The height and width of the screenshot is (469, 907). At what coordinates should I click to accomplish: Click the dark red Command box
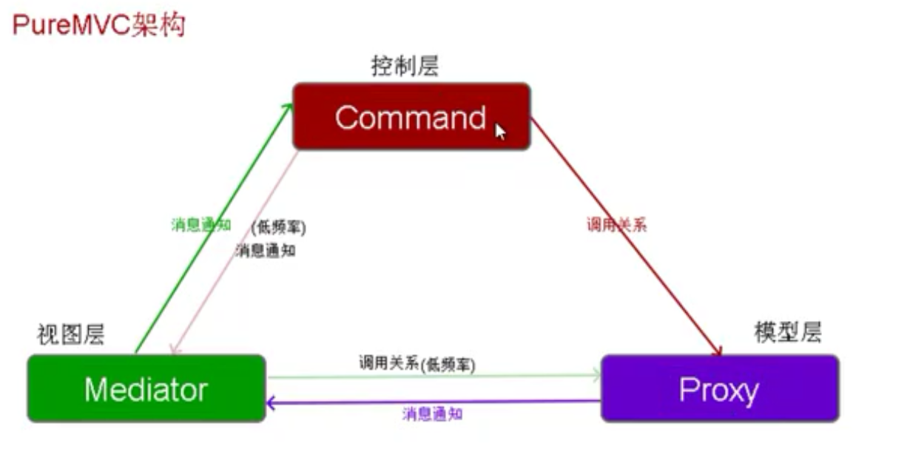(x=411, y=117)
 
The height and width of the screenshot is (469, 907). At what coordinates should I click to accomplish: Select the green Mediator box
(x=146, y=388)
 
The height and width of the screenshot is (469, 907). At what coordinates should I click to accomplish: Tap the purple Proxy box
(x=719, y=388)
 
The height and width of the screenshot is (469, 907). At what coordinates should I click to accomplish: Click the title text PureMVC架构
(x=98, y=26)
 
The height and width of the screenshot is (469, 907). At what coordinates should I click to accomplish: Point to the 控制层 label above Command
(x=405, y=67)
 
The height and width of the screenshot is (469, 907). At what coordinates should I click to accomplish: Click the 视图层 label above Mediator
(x=70, y=335)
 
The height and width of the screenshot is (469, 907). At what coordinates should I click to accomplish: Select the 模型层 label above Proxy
(x=788, y=332)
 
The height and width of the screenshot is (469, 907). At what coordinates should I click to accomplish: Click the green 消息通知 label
(x=201, y=225)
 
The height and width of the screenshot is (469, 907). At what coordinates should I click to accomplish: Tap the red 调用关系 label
(x=617, y=225)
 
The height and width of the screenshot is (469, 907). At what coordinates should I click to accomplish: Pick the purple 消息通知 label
(x=433, y=414)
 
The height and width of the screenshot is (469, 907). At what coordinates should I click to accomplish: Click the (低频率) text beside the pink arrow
(x=278, y=228)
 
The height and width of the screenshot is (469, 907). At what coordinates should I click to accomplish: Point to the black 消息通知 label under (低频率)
(x=266, y=250)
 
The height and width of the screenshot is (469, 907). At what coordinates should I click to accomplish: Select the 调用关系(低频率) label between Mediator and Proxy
(x=417, y=363)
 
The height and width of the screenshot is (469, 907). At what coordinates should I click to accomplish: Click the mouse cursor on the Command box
(x=500, y=131)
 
